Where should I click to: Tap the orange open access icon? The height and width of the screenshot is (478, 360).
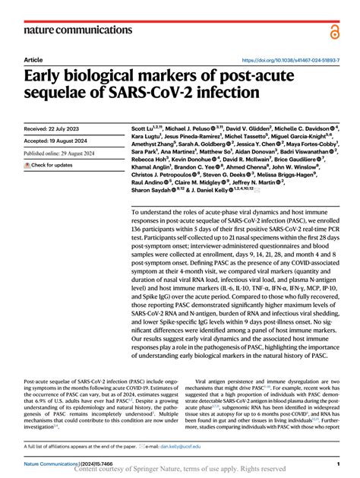pos(333,31)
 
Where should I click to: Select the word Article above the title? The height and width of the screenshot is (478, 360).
pos(33,59)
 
